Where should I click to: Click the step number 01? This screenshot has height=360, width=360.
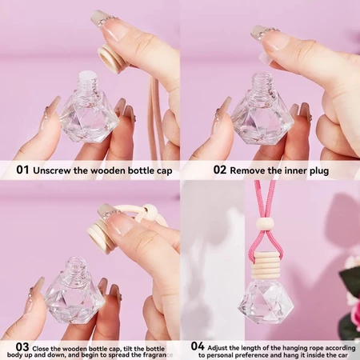22,170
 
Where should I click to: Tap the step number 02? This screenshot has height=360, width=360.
220,170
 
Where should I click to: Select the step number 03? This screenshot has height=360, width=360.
22,347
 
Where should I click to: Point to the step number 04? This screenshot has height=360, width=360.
198,346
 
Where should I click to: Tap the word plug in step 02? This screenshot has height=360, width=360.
319,171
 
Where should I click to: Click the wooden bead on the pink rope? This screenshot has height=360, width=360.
265,223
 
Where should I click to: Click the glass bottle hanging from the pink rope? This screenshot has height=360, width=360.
266,302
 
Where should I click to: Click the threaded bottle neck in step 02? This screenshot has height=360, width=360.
262,82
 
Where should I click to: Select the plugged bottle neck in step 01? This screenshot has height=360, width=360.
88,81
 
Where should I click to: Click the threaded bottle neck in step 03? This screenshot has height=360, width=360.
76,266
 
